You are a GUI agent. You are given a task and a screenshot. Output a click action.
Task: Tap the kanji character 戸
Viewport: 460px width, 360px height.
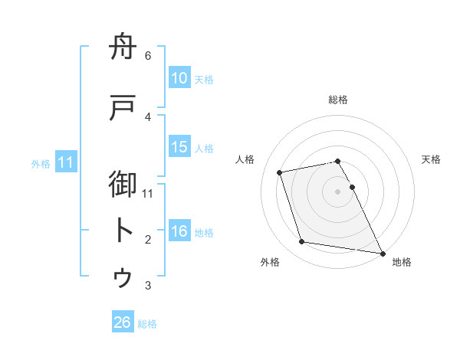click(124, 109)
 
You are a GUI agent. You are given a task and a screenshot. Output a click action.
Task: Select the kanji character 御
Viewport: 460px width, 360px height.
click(124, 186)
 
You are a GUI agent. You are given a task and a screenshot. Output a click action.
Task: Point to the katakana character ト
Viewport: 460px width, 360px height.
click(124, 231)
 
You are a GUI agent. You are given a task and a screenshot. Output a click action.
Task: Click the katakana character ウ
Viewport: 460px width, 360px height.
click(124, 277)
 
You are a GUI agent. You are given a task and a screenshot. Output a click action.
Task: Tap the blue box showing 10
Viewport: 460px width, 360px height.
click(179, 78)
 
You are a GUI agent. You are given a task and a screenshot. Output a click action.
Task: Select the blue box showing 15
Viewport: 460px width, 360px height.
click(179, 147)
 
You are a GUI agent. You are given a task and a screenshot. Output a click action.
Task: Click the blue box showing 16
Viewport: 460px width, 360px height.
click(179, 231)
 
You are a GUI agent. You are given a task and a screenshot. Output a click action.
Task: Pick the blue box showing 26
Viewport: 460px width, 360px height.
click(123, 322)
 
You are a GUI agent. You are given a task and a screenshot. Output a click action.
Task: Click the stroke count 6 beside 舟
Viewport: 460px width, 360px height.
click(148, 56)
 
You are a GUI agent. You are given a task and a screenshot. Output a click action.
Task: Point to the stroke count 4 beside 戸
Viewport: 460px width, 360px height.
click(148, 116)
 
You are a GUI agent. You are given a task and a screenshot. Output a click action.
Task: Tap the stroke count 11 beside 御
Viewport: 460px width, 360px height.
click(149, 193)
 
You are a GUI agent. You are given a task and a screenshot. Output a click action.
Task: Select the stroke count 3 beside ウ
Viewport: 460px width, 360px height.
click(148, 286)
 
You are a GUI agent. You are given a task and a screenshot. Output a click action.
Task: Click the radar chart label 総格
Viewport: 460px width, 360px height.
click(338, 100)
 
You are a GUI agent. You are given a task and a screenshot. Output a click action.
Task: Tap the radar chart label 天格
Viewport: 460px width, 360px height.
click(431, 159)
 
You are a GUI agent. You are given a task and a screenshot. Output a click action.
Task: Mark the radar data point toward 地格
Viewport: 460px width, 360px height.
click(381, 252)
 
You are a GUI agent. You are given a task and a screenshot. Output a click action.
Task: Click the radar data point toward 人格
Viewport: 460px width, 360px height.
click(280, 172)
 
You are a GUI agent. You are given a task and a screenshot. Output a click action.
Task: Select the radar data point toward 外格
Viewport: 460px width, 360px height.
click(302, 242)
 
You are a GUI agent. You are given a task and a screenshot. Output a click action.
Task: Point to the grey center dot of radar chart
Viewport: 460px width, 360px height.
click(337, 191)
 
